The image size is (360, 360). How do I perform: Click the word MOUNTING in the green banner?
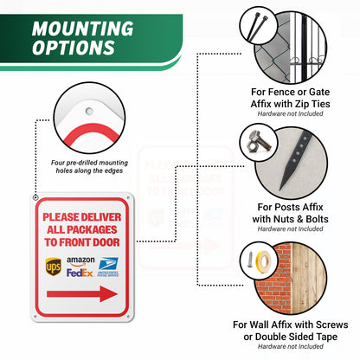[83, 29]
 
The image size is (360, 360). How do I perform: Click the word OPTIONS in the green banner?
[74, 48]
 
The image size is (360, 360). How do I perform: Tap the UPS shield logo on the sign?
[54, 267]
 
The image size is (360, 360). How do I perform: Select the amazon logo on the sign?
[80, 261]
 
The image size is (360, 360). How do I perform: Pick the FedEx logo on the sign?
[80, 273]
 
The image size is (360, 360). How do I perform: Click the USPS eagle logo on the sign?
[108, 267]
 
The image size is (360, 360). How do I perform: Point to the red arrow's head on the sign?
[109, 294]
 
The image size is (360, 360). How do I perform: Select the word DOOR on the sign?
[106, 242]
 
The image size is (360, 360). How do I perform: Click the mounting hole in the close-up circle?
[89, 111]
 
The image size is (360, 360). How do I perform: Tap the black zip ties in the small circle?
[257, 25]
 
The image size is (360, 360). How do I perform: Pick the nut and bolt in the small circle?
[259, 143]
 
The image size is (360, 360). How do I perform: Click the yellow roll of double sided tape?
[262, 262]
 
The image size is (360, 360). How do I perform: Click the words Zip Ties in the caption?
[312, 104]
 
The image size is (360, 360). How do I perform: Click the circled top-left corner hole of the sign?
[35, 197]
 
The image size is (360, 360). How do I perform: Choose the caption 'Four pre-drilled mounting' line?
[89, 163]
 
